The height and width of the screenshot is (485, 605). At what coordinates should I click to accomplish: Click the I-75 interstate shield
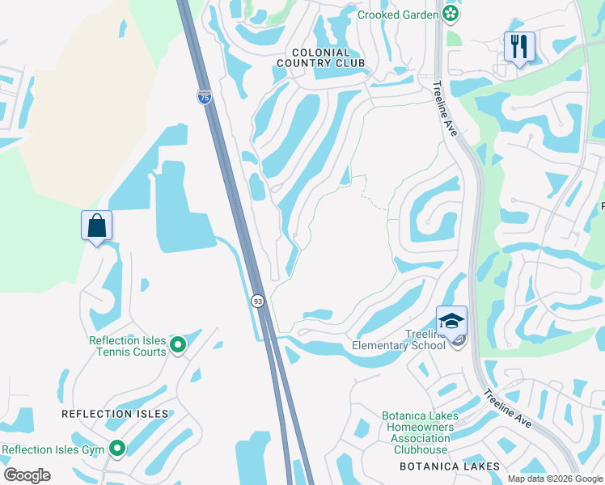click(205, 97)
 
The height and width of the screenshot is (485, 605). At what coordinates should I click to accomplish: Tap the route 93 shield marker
click(257, 301)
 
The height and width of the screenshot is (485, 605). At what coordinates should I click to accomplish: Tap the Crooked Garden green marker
click(451, 14)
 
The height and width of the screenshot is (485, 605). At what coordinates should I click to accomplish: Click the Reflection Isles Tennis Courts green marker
click(179, 346)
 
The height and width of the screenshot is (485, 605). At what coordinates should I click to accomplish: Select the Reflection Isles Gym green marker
click(118, 448)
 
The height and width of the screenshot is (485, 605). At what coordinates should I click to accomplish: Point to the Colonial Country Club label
click(321, 57)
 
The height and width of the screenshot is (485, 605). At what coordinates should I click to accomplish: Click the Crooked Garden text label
click(397, 14)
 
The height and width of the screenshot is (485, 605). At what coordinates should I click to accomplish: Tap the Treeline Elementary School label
click(399, 340)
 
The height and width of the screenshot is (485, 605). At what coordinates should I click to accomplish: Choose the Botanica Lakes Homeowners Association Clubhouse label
click(421, 433)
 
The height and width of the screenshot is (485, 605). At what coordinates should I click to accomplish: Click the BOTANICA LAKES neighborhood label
click(449, 466)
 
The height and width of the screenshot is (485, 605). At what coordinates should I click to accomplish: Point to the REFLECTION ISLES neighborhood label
click(115, 414)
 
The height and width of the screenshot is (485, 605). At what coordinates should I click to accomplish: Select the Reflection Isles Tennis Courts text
click(128, 346)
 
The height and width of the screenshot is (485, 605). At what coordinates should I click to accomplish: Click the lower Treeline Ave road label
click(507, 415)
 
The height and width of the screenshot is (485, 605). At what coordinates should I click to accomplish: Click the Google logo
click(27, 474)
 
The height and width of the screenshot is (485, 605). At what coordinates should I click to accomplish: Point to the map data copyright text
click(554, 479)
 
